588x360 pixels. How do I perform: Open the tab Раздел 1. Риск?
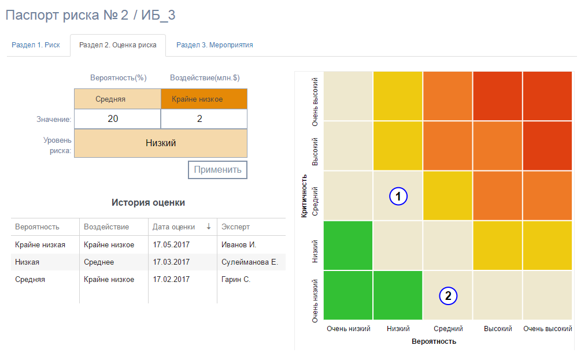pos(36,45)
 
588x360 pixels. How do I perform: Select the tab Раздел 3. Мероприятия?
pos(215,45)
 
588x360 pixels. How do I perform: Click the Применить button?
pos(217,170)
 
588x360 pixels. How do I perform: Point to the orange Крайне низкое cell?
pos(204,99)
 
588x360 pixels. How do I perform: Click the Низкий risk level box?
pos(161,143)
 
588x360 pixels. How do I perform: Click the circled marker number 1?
pos(398,196)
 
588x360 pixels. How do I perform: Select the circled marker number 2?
pos(448,296)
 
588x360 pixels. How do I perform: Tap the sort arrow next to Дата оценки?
pos(209,227)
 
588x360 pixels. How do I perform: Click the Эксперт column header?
pos(236,227)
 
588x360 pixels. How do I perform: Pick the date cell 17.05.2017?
pos(171,244)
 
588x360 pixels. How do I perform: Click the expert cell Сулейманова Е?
pos(249,262)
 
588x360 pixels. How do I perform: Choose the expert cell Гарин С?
pos(236,279)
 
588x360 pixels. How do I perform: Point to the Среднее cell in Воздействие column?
pos(99,262)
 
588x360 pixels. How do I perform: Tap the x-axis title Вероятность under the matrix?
pos(434,341)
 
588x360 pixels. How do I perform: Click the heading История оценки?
pos(148,203)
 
